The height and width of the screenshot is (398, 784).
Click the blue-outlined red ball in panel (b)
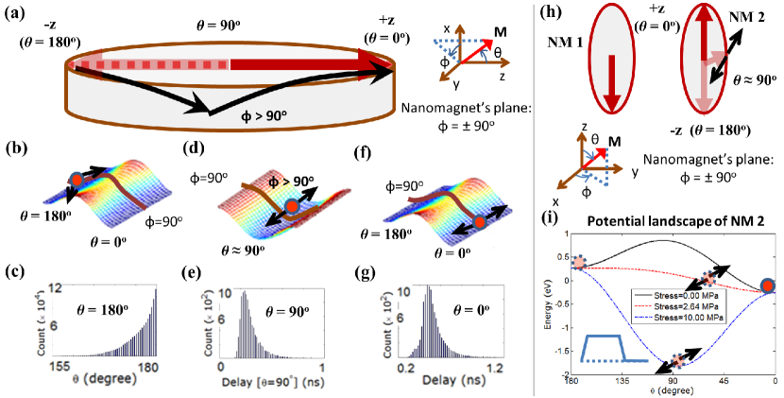click(x=77, y=180)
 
